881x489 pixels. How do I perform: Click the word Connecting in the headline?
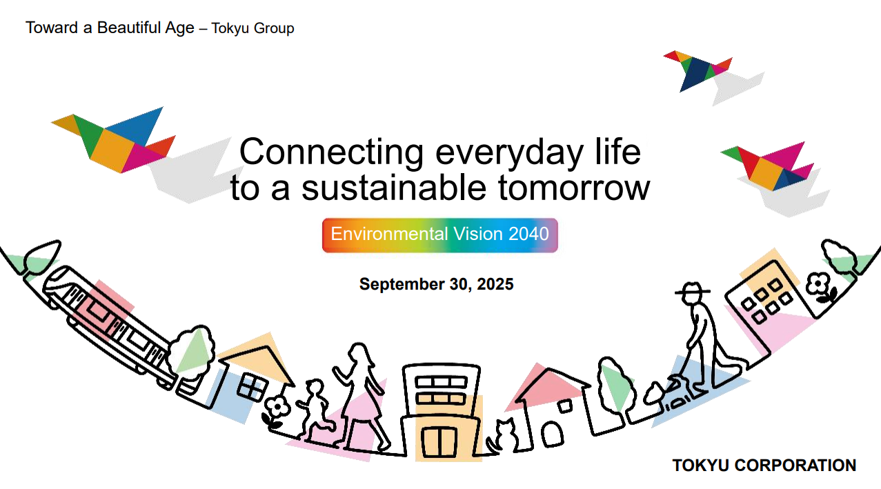click(331, 152)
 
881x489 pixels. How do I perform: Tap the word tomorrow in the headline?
click(574, 188)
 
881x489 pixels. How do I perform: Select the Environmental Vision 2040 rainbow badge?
click(439, 235)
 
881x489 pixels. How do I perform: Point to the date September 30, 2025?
click(436, 283)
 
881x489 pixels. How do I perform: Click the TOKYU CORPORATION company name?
click(764, 465)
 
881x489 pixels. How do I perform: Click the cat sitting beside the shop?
click(503, 435)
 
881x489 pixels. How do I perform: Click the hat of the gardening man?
click(693, 289)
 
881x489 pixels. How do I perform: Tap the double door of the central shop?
click(439, 442)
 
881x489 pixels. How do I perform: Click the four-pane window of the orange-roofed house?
click(252, 386)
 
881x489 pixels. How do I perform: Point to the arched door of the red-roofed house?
click(552, 434)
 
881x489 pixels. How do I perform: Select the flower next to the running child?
click(277, 412)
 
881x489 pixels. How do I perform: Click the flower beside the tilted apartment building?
click(820, 288)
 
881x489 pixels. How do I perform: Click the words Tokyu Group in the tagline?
click(253, 28)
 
